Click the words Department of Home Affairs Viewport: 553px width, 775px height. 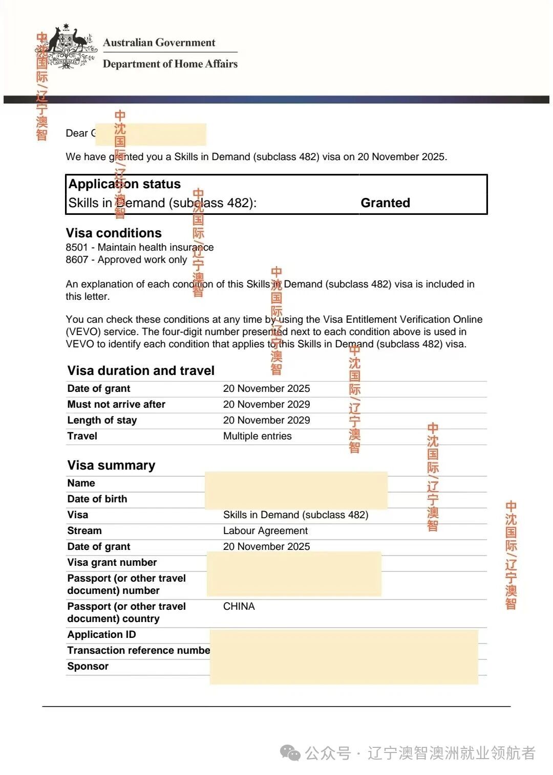click(170, 64)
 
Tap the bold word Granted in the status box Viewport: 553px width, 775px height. click(385, 203)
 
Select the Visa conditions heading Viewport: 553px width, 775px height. click(114, 233)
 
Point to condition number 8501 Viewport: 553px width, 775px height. click(77, 248)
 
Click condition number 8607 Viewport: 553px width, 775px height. click(77, 260)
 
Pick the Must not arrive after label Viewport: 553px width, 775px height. click(116, 405)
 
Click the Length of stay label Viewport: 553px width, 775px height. click(102, 420)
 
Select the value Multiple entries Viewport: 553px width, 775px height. click(257, 436)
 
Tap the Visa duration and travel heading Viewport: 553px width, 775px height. click(141, 371)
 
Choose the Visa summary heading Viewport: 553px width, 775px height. click(111, 466)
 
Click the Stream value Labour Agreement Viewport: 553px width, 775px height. click(265, 531)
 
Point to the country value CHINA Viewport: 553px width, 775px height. click(239, 607)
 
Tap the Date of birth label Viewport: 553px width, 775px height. click(97, 499)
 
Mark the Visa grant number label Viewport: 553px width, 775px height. click(112, 563)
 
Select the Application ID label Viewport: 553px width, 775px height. click(101, 635)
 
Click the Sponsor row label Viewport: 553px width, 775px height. click(88, 667)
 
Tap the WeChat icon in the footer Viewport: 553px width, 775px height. click(290, 753)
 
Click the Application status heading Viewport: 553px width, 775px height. click(124, 184)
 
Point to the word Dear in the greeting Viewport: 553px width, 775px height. click(77, 134)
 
